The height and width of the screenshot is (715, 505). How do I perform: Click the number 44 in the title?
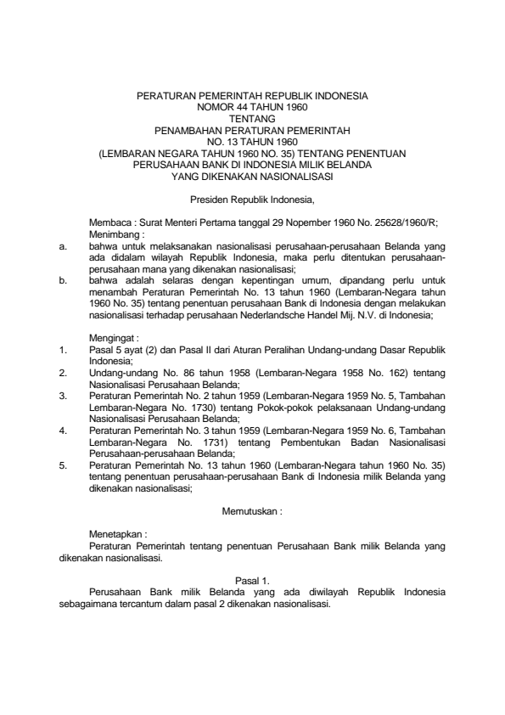click(x=239, y=109)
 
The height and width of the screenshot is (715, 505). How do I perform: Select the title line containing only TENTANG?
click(x=252, y=120)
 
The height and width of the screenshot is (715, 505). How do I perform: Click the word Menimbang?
click(x=114, y=230)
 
